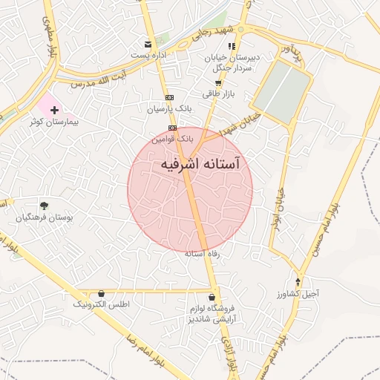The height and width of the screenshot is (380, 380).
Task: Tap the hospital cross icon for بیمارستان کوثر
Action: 54,109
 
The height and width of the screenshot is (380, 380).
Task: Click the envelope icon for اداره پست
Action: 148,45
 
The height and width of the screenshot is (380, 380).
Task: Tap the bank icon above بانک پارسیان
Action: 170,97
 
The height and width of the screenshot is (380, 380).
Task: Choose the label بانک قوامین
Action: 172,138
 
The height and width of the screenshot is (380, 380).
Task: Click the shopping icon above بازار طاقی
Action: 217,83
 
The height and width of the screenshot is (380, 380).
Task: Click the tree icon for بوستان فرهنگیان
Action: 45,206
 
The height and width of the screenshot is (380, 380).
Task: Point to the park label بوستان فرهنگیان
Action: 45,217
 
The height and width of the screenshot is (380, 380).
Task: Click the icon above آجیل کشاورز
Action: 298,281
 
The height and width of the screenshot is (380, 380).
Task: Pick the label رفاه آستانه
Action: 200,254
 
